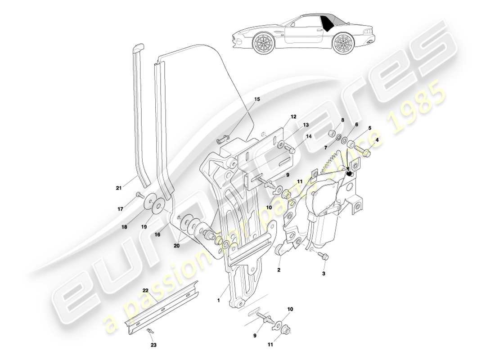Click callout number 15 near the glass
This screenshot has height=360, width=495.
click(257, 99)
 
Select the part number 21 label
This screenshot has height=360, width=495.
click(119, 188)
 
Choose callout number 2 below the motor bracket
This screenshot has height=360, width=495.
click(279, 270)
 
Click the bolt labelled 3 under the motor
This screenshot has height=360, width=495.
click(324, 256)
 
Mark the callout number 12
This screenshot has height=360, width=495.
click(293, 117)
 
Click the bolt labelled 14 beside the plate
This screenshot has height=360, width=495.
click(291, 151)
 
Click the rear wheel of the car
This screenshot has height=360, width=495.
click(343, 43)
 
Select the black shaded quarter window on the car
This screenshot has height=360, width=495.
click(333, 22)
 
